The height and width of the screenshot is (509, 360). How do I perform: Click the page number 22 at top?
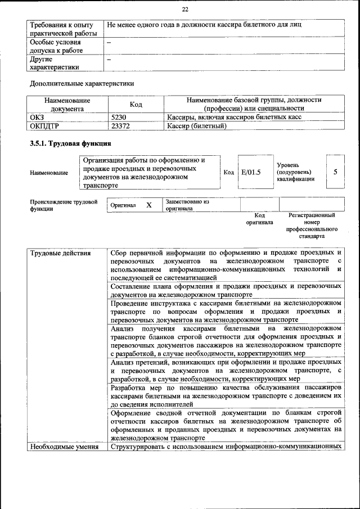pyautogui.click(x=185, y=10)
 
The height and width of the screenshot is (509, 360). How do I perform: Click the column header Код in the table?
pyautogui.click(x=136, y=105)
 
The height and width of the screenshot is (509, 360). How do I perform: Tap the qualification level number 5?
pyautogui.click(x=335, y=172)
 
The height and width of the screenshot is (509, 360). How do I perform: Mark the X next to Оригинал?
pyautogui.click(x=149, y=205)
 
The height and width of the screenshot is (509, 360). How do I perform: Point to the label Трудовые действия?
pyautogui.click(x=60, y=253)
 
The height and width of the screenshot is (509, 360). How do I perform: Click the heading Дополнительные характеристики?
pyautogui.click(x=82, y=84)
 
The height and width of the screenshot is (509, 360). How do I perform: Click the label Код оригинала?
pyautogui.click(x=259, y=219)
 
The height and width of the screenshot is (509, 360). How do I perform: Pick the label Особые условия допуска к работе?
pyautogui.click(x=56, y=47)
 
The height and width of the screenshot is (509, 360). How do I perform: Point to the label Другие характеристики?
pyautogui.click(x=55, y=63)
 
